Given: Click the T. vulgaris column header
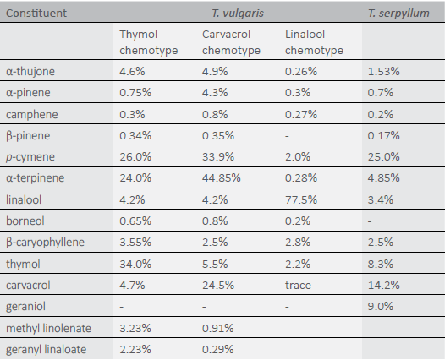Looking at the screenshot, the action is click(x=238, y=14).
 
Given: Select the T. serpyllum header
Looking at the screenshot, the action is click(x=398, y=14).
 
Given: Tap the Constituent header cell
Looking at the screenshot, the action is click(x=36, y=14).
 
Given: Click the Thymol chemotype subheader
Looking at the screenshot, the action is click(x=148, y=42).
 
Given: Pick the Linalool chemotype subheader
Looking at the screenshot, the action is click(x=314, y=42).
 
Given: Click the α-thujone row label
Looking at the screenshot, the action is click(x=30, y=72).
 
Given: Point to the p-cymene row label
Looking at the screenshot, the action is click(x=30, y=157).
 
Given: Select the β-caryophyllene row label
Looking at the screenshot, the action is click(x=45, y=243).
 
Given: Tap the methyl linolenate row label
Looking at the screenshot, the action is click(x=48, y=328).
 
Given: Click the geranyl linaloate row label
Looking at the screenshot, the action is click(x=46, y=350).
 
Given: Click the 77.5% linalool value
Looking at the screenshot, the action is click(x=301, y=199).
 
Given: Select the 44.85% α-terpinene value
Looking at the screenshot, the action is click(x=222, y=178).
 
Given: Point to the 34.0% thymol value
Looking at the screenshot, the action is click(x=135, y=265).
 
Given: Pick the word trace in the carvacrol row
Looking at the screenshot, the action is click(x=298, y=286).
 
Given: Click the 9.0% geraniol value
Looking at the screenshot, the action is click(x=381, y=307).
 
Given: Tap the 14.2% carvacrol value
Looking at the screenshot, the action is click(x=384, y=286).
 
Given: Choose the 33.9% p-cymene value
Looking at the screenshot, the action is click(x=218, y=157).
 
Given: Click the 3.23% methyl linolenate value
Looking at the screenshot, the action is click(x=135, y=328).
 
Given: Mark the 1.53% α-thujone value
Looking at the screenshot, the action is click(x=384, y=72).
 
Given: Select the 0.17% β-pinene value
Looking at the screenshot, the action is click(x=384, y=136).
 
